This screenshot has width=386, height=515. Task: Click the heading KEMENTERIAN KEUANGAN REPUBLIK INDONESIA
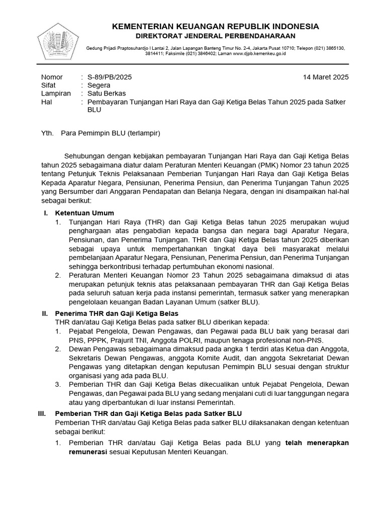[x=215, y=26]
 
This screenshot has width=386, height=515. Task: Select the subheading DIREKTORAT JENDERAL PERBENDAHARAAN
[x=215, y=36]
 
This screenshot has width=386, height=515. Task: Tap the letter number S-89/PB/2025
[x=110, y=77]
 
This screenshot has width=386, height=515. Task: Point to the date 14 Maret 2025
[x=326, y=77]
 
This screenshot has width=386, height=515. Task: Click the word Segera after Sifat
[x=99, y=85]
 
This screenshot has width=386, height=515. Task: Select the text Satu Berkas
[x=107, y=94]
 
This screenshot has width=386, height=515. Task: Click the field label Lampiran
[x=55, y=94]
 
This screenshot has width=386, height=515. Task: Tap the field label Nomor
[x=51, y=77]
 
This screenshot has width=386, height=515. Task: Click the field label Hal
[x=46, y=102]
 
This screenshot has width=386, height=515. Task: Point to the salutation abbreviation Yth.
[x=46, y=134]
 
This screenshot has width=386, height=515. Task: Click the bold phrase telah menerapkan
[x=317, y=443]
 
